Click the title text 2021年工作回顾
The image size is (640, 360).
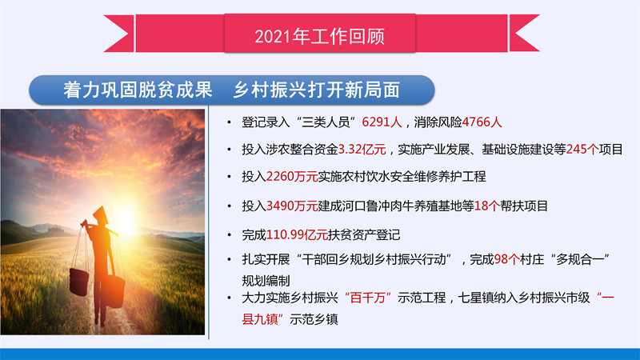[x=319, y=36]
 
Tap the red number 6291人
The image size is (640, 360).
[x=382, y=122]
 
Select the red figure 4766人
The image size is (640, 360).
[x=482, y=122]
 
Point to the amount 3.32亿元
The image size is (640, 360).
[x=362, y=150]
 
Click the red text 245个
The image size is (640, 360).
[x=582, y=150]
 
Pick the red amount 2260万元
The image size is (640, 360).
[x=292, y=176]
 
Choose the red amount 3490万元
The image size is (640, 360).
[x=292, y=206]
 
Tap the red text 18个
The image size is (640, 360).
[x=487, y=206]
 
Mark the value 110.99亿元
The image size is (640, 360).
[x=297, y=234]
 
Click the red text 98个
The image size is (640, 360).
[x=506, y=259]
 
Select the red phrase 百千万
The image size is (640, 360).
[x=368, y=298]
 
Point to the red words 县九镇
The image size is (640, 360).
[x=260, y=318]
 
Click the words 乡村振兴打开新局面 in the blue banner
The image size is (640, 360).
[x=316, y=90]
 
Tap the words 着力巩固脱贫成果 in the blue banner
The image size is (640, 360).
[x=138, y=90]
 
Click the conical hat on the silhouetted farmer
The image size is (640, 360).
[x=101, y=214]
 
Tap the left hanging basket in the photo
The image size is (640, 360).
[x=78, y=282]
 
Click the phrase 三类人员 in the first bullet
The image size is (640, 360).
[x=326, y=122]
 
